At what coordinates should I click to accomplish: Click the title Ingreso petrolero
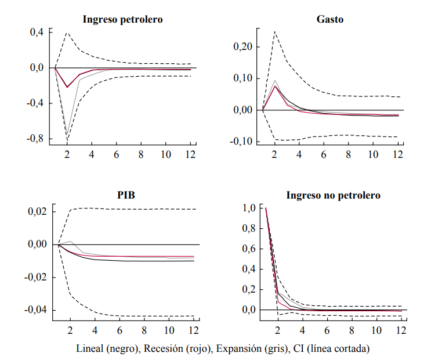point(122,19)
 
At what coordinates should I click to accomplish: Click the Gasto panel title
point(330,19)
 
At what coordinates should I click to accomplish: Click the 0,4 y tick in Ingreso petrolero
point(37,33)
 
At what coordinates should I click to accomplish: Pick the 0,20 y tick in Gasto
point(242,47)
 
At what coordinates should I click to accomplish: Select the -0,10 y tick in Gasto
point(241,141)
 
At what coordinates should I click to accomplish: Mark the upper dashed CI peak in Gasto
point(275,31)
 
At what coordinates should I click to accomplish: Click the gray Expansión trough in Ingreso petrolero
point(67,135)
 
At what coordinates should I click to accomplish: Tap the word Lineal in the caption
point(90,349)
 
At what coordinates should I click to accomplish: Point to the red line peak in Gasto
point(275,86)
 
